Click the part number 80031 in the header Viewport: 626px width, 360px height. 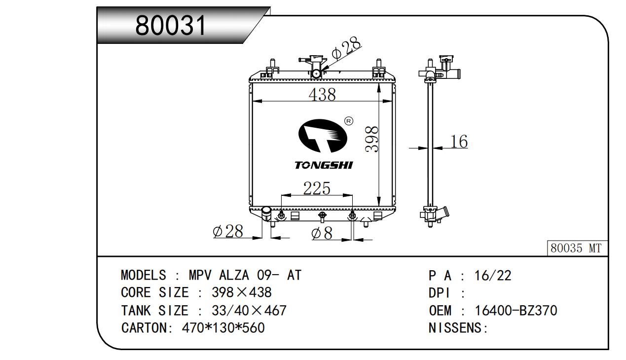171,25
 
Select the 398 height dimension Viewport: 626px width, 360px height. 373,139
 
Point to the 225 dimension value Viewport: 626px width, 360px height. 316,188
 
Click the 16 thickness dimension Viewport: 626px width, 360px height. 459,142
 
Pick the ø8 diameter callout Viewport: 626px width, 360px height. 322,233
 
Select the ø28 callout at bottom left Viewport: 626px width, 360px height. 228,231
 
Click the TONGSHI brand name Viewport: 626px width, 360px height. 324,165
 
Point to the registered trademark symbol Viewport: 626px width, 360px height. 348,121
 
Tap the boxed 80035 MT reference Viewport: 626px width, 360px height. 576,249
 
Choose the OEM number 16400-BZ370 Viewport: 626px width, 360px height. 516,311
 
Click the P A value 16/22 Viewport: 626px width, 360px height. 492,276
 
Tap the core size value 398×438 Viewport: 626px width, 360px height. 241,292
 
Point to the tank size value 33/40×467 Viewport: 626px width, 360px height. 249,311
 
